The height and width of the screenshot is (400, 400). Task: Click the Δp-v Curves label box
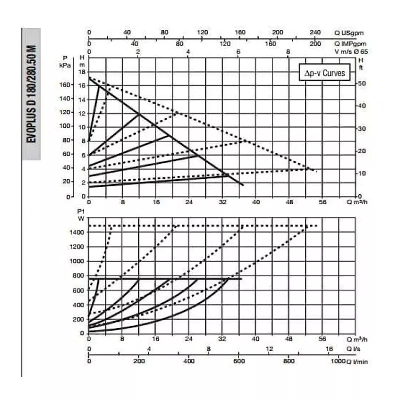coord(324,72)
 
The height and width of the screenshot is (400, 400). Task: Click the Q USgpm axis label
coord(349,33)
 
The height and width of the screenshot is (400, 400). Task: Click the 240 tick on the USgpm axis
coord(315,33)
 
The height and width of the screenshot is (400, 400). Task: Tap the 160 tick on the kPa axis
coord(64,85)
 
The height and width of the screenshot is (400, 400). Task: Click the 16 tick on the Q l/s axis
coord(329,349)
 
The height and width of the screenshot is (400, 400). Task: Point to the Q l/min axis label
coord(357,361)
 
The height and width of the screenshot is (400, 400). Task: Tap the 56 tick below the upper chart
coord(322,202)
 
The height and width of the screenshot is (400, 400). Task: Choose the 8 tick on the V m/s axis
coord(288,51)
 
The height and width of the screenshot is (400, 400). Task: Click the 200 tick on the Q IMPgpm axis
coord(315,43)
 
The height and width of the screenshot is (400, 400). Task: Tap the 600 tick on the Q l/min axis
coord(238,360)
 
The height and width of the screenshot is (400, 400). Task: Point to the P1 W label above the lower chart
coord(80,214)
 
